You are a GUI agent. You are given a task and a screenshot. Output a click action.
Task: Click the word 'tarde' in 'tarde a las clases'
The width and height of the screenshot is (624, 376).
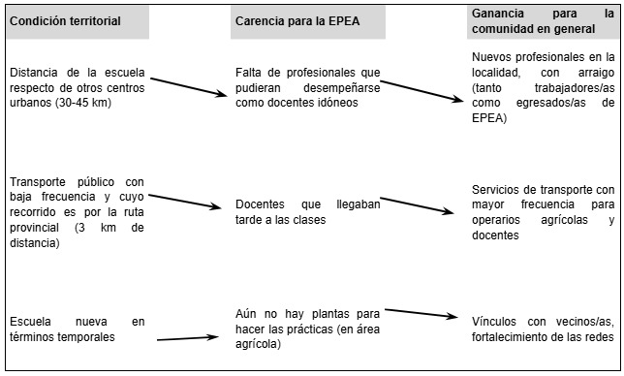[252, 220]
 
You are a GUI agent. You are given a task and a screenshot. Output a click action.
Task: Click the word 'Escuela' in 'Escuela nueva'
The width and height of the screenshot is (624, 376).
[29, 321]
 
